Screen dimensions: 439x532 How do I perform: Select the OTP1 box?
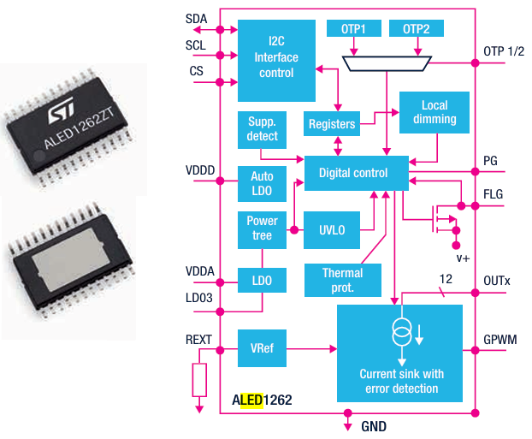(352, 29)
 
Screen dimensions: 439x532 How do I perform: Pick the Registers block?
(331, 124)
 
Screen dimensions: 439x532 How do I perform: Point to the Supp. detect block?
(263, 128)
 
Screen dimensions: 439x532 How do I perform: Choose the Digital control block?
(353, 173)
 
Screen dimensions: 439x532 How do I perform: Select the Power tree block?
(262, 228)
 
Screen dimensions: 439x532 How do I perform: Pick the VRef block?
(263, 348)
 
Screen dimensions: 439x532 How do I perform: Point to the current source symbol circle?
(399, 332)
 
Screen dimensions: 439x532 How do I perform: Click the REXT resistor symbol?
(199, 378)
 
